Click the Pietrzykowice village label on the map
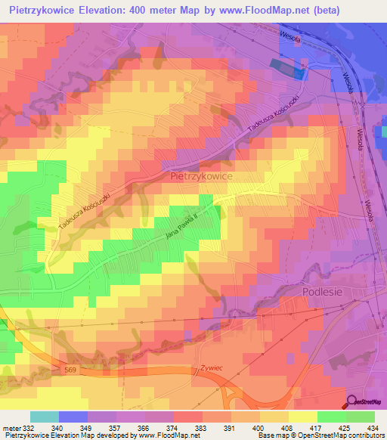click(201, 175)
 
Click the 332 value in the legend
click(27, 427)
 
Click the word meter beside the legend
click(11, 427)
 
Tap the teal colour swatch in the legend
click(44, 417)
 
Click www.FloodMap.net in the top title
click(245, 10)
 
